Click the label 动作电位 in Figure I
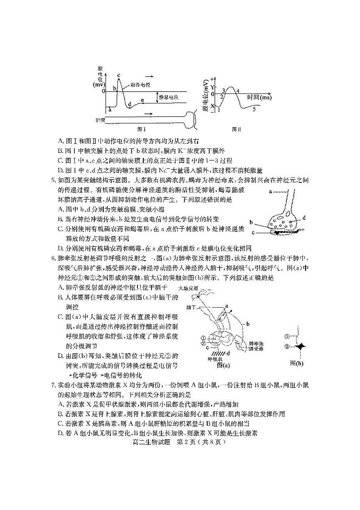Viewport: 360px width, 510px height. coord(141,85)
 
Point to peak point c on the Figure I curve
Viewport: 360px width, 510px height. coord(119,76)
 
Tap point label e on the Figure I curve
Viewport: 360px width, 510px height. coord(142,100)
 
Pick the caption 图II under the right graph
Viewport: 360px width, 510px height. coord(236,128)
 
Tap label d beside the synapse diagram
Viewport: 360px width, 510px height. coord(304,218)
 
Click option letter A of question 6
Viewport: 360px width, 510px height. coord(60,287)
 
